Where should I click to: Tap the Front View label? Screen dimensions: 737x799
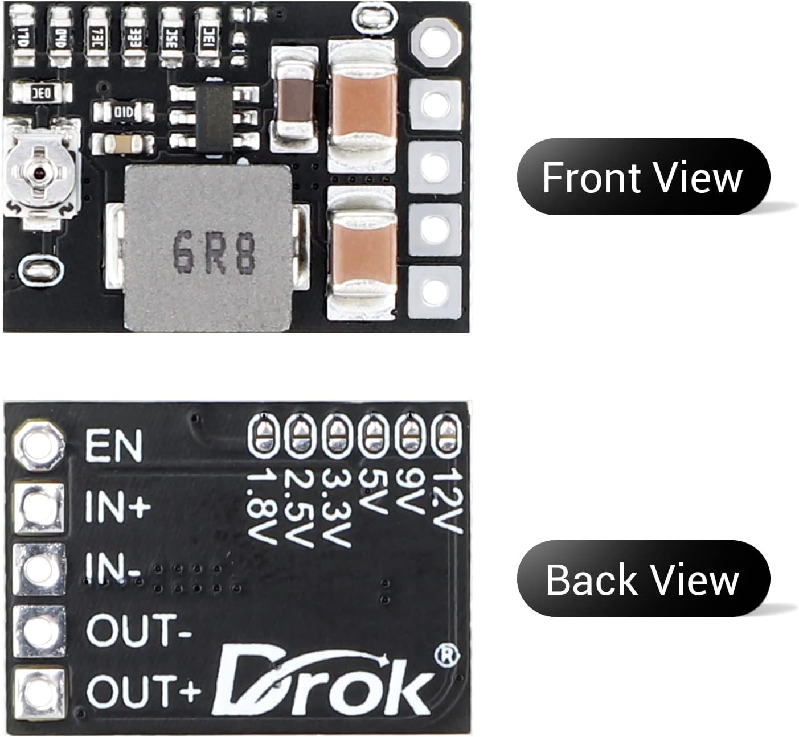click(x=643, y=177)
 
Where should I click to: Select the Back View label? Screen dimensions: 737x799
click(x=643, y=579)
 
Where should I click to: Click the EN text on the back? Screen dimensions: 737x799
click(x=113, y=446)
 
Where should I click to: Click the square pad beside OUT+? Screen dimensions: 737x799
click(x=38, y=690)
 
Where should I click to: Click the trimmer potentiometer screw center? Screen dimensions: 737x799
click(x=38, y=171)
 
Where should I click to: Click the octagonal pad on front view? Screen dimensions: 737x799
click(x=435, y=46)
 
